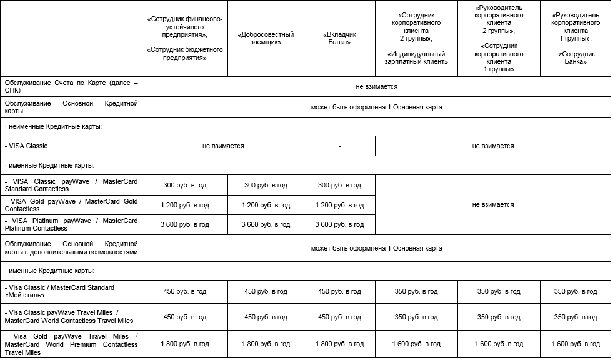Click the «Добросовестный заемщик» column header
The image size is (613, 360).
tap(266, 39)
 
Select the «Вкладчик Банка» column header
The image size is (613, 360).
tap(339, 39)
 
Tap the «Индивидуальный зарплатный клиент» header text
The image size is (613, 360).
tap(417, 57)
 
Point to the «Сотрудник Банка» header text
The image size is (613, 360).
tap(576, 57)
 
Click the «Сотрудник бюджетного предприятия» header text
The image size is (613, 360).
tap(185, 52)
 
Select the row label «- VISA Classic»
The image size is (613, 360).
tap(26, 146)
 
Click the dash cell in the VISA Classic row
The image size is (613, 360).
tap(339, 146)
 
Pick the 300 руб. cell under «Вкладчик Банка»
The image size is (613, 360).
tap(339, 185)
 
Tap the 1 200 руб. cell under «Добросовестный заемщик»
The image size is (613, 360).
tap(266, 205)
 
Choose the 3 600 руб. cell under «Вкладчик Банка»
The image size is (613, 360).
tap(339, 225)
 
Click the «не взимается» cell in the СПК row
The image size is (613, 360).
tap(376, 87)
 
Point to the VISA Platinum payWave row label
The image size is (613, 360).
tap(71, 224)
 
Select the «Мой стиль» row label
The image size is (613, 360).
tap(60, 291)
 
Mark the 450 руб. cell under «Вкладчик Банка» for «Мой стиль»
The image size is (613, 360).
tap(339, 291)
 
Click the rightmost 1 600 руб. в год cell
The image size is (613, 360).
tap(576, 344)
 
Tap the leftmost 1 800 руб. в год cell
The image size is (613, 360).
tap(185, 344)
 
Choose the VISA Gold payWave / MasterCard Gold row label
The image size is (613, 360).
tap(71, 204)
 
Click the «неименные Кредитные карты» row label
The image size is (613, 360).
tap(52, 126)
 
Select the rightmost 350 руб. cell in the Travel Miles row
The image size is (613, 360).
tap(576, 317)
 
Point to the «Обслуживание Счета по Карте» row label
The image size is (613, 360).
tap(71, 87)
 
